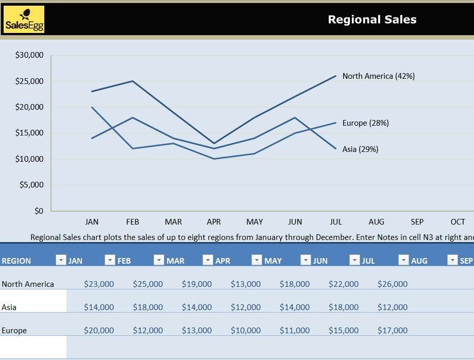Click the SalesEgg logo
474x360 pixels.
[24, 20]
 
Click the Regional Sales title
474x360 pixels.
[372, 20]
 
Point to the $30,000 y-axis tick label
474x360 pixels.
[29, 55]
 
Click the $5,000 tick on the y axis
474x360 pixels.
[31, 185]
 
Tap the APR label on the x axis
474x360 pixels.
[214, 222]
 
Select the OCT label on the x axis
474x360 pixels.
[458, 222]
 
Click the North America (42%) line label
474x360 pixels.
[378, 76]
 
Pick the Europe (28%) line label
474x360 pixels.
[365, 123]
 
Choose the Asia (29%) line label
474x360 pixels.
[360, 149]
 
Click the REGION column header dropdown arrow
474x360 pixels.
[61, 260]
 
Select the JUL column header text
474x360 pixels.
[368, 261]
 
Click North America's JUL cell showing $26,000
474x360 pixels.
[392, 284]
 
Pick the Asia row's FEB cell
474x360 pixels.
[148, 307]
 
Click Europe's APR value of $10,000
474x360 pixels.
[245, 331]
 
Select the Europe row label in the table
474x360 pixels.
[14, 331]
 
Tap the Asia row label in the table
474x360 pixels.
[9, 307]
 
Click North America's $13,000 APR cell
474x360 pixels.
[245, 284]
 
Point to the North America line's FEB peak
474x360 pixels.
[132, 81]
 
